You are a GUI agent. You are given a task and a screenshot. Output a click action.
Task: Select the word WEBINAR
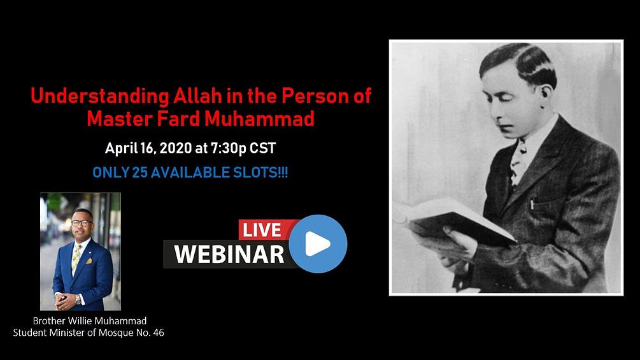pyautogui.click(x=229, y=254)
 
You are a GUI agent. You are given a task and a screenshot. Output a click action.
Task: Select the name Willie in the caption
pyautogui.click(x=82, y=320)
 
